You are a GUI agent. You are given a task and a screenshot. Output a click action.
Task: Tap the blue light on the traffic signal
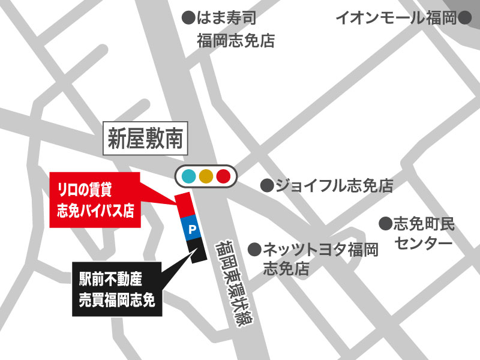[189, 176]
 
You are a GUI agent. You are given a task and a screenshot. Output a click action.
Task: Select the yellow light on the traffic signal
[206, 176]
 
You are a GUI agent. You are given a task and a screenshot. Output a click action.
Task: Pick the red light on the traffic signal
[223, 176]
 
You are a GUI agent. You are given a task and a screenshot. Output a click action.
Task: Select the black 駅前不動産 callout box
[117, 289]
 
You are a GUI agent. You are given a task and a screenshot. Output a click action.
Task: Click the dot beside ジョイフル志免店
[266, 185]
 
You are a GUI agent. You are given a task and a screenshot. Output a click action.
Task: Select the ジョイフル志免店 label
[334, 185]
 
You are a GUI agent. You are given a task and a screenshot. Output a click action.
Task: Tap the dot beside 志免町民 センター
[385, 224]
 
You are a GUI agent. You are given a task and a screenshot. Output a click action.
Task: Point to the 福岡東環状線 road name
[235, 281]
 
